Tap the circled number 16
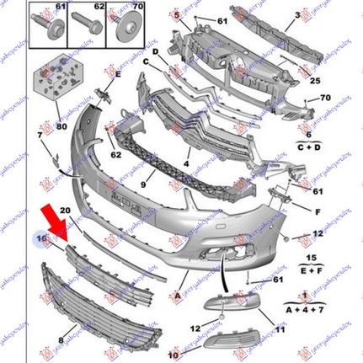coord(40,240)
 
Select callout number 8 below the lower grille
coord(60,340)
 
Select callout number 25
coord(313,81)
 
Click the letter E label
coord(117,73)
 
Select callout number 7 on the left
coord(40,135)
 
